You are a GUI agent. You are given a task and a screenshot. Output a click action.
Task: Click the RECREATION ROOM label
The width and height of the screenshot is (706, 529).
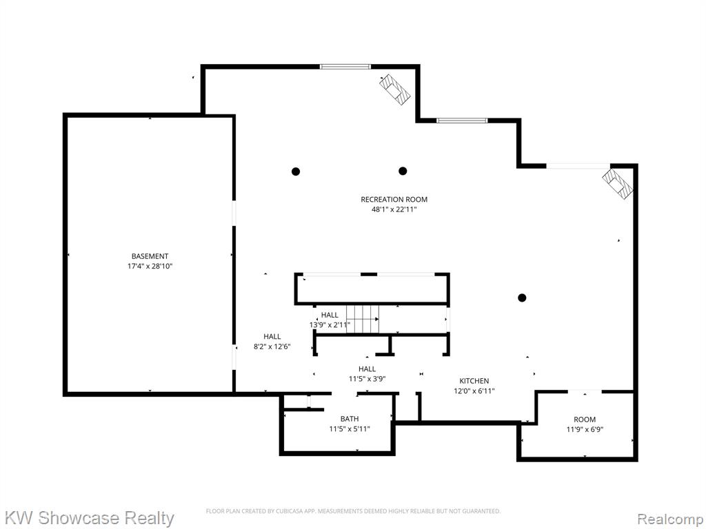(394, 199)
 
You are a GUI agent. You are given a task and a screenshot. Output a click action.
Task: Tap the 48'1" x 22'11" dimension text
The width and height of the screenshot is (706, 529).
(394, 209)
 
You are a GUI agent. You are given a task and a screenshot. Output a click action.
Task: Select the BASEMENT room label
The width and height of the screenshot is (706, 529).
(150, 256)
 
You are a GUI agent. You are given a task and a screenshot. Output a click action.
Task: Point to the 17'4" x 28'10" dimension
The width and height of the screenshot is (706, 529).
(150, 267)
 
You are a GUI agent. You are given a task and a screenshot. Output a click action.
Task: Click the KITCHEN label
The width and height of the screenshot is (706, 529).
(474, 381)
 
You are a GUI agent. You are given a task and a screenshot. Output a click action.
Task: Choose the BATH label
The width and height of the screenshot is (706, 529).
(350, 419)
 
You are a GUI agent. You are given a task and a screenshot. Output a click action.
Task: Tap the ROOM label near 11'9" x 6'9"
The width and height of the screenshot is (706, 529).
(585, 419)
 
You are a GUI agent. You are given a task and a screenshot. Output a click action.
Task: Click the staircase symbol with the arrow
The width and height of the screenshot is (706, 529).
(363, 319)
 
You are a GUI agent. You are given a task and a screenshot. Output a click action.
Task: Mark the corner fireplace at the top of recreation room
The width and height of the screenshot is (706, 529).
(395, 90)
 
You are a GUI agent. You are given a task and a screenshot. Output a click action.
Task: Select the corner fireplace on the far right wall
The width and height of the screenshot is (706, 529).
(617, 183)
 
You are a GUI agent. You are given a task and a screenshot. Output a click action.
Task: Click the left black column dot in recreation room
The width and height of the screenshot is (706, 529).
(296, 172)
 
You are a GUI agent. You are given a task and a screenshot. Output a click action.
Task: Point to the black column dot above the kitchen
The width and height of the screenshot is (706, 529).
(522, 298)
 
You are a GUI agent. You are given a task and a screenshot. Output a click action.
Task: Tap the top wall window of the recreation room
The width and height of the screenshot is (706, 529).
(345, 67)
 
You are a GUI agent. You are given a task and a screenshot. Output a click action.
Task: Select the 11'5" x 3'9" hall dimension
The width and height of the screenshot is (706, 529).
(367, 379)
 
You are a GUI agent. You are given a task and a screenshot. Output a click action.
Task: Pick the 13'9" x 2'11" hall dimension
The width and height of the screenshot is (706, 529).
(330, 325)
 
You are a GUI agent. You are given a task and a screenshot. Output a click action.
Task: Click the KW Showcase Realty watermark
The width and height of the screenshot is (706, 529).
(90, 518)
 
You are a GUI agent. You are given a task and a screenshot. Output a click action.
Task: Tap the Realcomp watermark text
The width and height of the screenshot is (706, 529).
(669, 519)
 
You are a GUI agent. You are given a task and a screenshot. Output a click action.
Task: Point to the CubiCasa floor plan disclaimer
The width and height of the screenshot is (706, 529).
(353, 511)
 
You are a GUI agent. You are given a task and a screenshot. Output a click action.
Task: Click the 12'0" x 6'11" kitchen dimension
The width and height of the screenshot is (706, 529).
(474, 391)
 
